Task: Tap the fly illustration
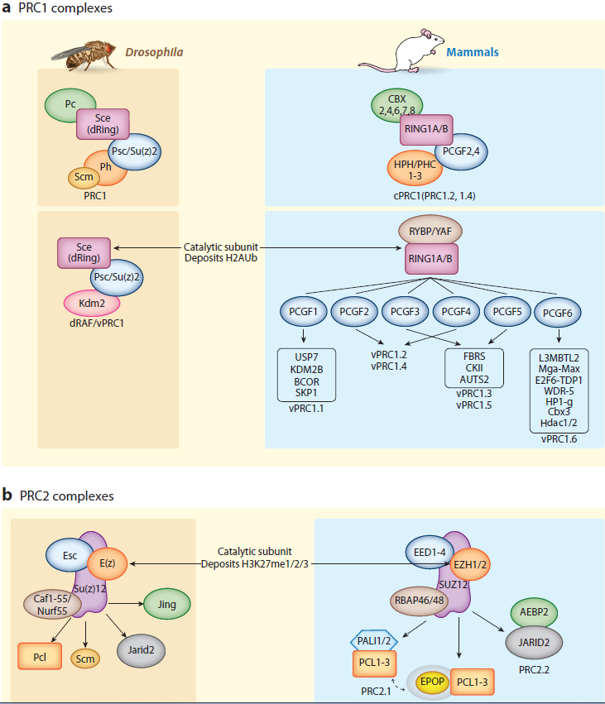[83, 54]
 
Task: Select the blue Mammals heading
[473, 52]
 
